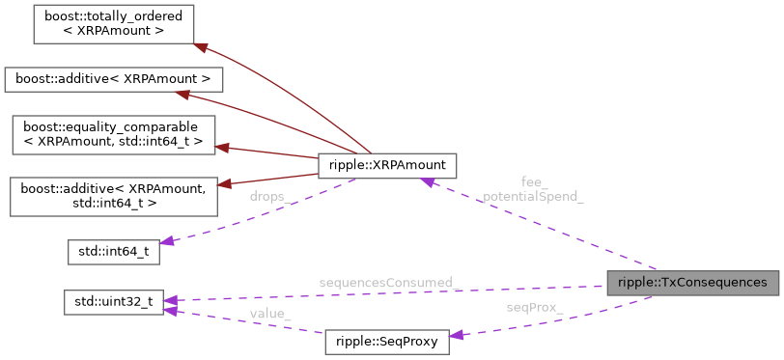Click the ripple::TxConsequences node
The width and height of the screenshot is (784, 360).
(x=692, y=283)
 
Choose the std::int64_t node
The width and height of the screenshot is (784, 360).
(x=112, y=253)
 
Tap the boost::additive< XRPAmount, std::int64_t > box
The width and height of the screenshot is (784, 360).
(x=112, y=196)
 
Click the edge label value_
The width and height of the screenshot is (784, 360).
(x=270, y=314)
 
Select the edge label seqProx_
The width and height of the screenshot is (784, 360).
(x=535, y=308)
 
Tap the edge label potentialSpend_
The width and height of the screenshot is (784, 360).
(x=533, y=196)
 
